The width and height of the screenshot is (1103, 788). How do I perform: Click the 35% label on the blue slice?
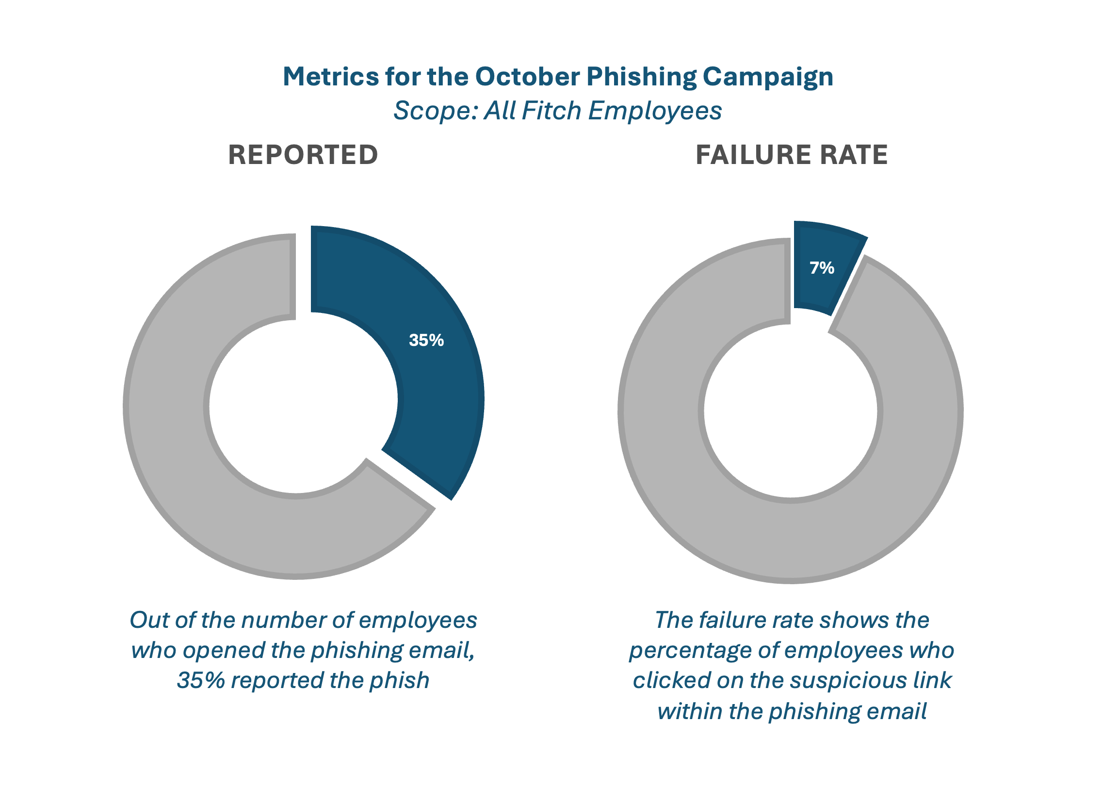[x=426, y=340]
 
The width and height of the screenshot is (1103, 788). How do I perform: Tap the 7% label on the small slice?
[x=822, y=268]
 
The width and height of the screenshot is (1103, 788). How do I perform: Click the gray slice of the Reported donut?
[x=194, y=485]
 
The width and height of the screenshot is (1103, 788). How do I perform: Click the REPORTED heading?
[x=303, y=155]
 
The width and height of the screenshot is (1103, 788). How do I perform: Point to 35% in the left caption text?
[x=200, y=680]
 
